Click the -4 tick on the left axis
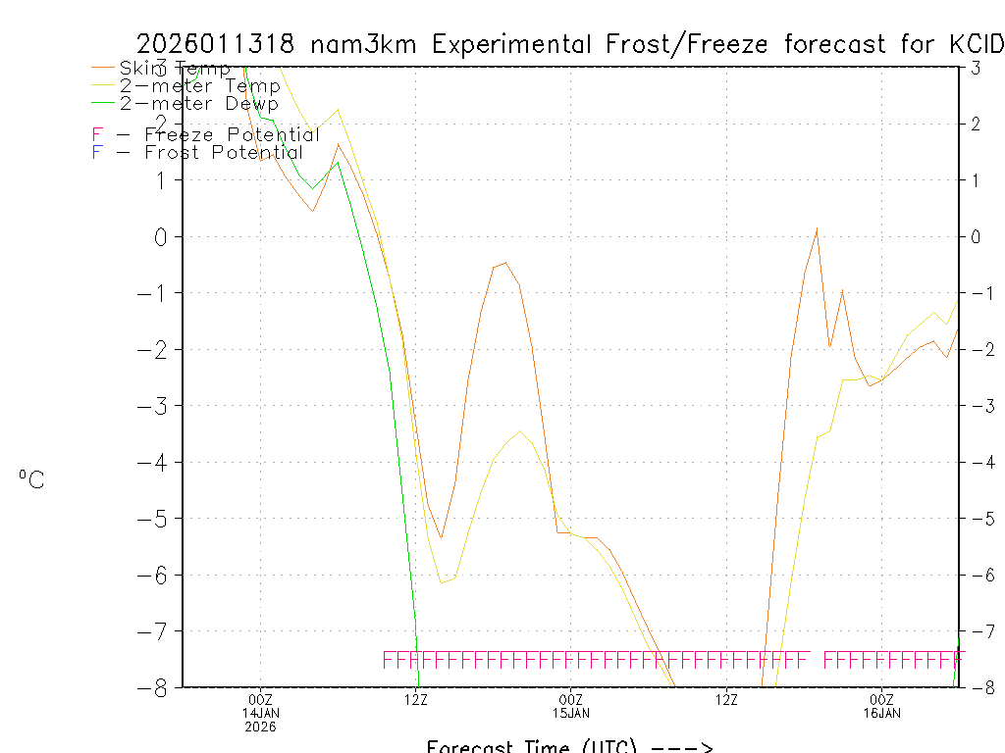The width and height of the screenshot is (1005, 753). tap(157, 462)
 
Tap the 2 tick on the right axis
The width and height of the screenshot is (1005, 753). tap(977, 124)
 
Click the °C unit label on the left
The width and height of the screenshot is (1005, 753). tap(31, 480)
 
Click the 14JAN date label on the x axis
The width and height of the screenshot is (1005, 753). tap(261, 713)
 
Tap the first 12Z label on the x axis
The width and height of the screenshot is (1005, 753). tap(416, 699)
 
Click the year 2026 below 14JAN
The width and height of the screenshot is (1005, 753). tap(261, 727)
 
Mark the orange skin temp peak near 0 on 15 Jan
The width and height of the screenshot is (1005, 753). tap(817, 228)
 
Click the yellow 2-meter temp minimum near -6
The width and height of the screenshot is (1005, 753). tap(442, 582)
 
